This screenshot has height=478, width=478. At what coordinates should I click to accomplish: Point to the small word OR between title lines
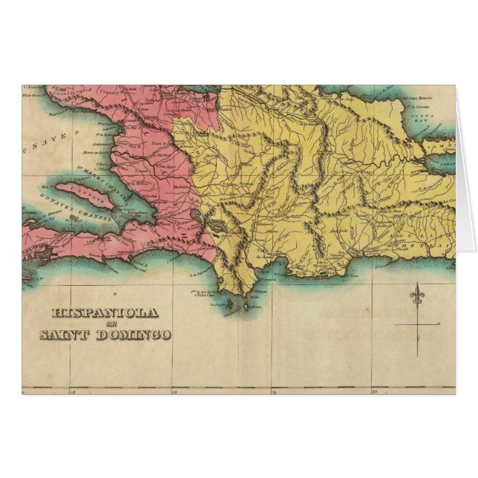(104, 324)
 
